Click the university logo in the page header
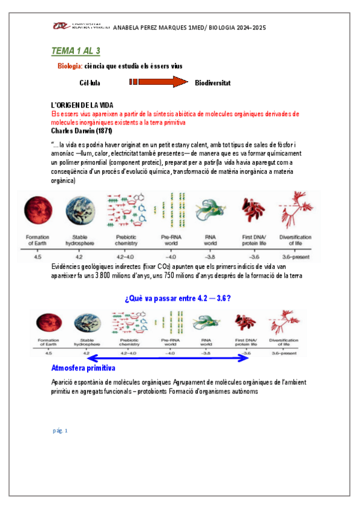[79, 27]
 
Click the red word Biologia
[69, 66]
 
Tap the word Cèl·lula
[92, 82]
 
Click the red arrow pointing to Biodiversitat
[159, 82]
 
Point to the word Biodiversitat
[213, 82]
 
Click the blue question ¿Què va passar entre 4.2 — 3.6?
[178, 298]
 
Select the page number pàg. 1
[61, 431]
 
